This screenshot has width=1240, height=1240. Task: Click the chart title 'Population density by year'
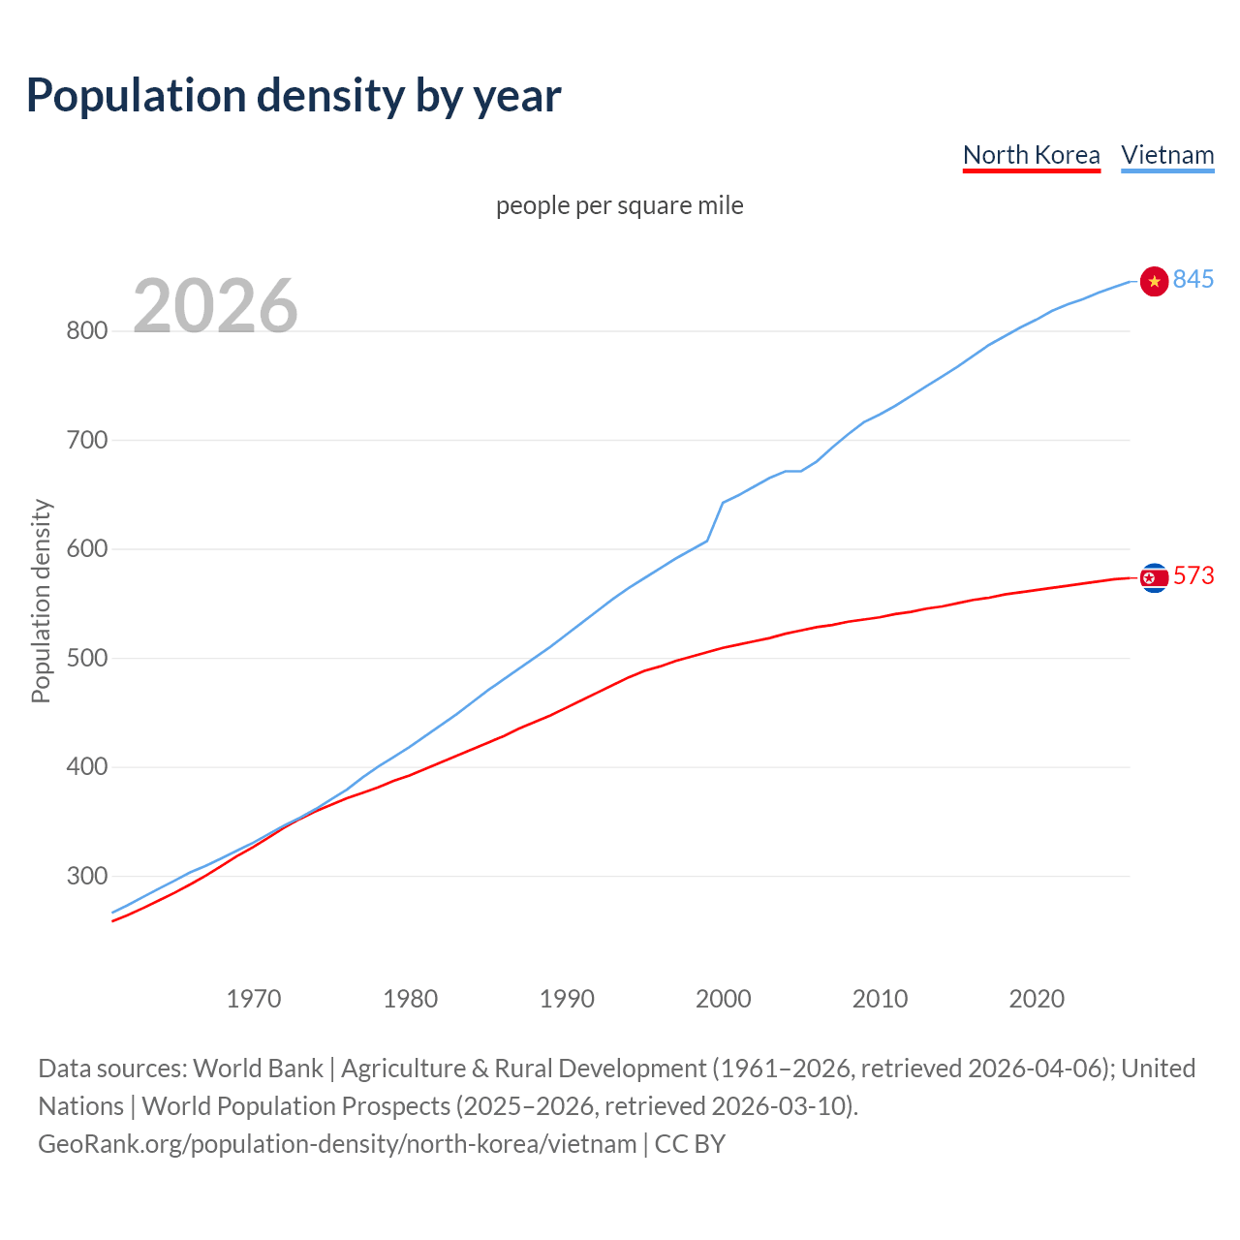294,95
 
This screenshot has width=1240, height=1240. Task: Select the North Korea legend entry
1031,155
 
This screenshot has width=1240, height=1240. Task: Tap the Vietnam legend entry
1167,155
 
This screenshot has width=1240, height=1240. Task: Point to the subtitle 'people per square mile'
619,205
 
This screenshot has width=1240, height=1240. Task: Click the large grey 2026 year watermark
215,306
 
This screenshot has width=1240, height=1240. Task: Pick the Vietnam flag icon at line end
1154,281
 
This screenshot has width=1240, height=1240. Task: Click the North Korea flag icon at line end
1154,577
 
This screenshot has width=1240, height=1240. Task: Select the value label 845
1193,279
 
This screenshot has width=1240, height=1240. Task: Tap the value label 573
1193,575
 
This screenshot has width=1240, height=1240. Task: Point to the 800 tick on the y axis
86,331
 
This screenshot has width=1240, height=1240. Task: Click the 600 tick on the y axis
86,549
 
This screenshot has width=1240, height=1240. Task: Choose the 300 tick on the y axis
86,877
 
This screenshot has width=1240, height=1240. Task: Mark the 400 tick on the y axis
86,767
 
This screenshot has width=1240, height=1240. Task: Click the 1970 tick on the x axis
254,999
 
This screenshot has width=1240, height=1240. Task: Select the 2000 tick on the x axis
723,999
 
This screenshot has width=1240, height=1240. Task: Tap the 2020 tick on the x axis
1037,999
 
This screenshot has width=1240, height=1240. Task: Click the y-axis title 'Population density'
41,601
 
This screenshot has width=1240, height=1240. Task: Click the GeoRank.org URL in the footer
337,1144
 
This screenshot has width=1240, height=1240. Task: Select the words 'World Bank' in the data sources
258,1069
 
